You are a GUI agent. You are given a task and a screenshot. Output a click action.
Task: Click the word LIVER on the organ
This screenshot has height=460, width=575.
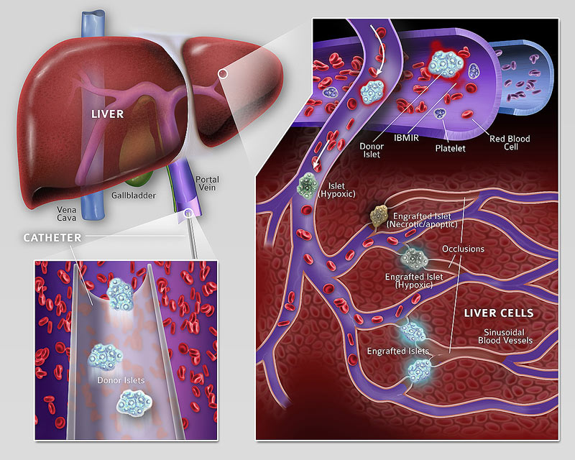(x=107, y=114)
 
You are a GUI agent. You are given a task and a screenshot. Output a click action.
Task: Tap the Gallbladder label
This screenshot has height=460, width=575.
(x=133, y=194)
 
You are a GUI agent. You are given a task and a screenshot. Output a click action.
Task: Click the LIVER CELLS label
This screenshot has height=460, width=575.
(x=499, y=313)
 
